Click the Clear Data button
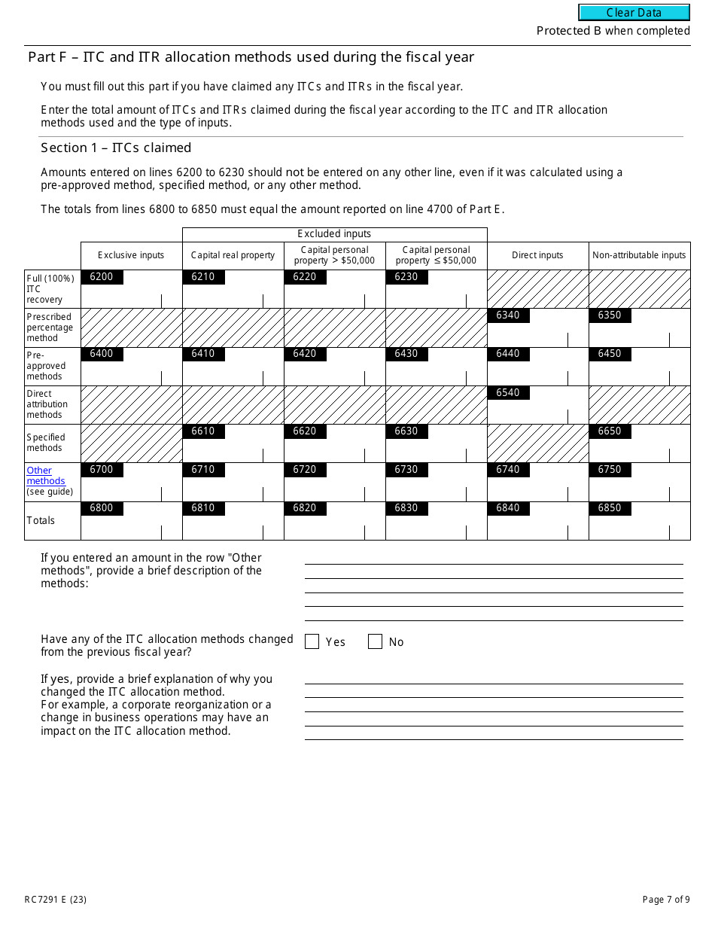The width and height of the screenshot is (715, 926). click(x=634, y=13)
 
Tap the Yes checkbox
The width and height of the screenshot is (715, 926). click(x=312, y=641)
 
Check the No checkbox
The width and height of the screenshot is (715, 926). click(x=375, y=641)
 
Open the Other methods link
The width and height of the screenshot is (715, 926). click(x=46, y=476)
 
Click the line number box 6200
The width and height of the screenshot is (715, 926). click(x=102, y=277)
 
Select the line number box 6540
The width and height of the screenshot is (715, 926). click(x=508, y=393)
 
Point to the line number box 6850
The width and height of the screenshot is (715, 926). click(x=610, y=508)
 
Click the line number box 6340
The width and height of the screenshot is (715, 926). click(x=508, y=315)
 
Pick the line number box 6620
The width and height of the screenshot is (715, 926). click(x=305, y=431)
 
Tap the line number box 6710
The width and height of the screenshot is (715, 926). click(x=203, y=470)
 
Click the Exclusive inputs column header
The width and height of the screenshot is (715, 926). click(x=131, y=255)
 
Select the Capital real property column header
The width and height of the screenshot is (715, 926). click(x=233, y=255)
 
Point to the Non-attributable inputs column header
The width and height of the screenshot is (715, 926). click(x=639, y=255)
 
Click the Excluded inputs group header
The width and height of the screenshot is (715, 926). click(x=334, y=234)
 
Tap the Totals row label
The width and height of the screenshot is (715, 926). click(x=41, y=520)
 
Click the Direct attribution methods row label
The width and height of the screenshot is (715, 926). click(x=47, y=404)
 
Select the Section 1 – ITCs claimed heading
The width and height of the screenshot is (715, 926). click(x=116, y=148)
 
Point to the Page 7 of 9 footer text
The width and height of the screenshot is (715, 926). click(x=666, y=899)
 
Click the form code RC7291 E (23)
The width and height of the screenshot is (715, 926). click(x=55, y=899)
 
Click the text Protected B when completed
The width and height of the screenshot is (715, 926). click(x=613, y=31)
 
